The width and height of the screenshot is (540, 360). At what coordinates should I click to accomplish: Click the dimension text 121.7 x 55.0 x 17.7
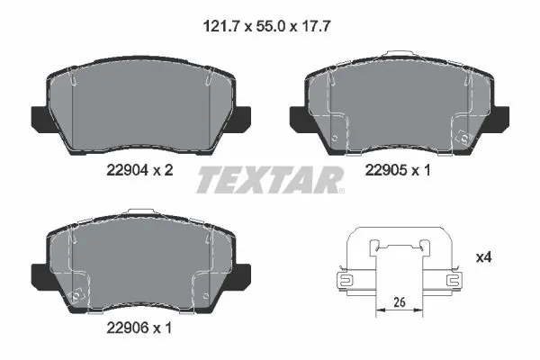click(267, 26)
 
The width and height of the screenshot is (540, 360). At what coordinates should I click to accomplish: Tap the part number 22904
click(127, 170)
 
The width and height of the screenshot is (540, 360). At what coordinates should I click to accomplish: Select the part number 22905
click(386, 170)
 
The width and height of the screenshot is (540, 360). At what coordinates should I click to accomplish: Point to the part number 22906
click(127, 328)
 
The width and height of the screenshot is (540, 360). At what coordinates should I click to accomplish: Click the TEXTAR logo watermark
click(270, 180)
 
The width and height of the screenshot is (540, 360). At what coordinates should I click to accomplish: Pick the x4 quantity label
click(483, 257)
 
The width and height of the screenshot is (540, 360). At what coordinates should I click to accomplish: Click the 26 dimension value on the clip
click(400, 302)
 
